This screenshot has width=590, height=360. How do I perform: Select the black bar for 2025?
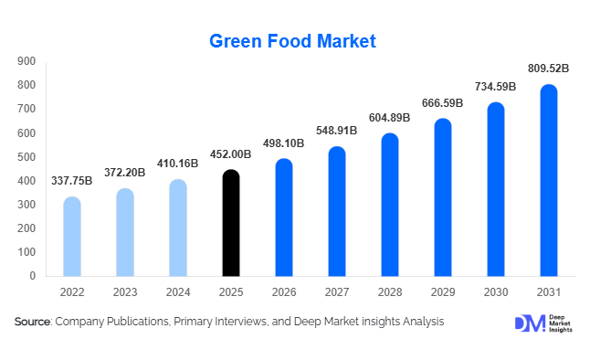(231, 223)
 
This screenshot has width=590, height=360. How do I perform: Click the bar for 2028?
(389, 205)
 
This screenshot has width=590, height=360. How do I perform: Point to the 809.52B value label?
(548, 68)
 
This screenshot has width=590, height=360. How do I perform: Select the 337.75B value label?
(72, 180)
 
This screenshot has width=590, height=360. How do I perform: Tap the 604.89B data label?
(389, 117)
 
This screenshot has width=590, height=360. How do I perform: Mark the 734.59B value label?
(495, 86)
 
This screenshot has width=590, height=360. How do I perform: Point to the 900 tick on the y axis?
(26, 61)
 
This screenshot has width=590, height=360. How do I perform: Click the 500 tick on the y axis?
(26, 157)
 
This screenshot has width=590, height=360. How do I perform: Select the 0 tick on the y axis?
(32, 276)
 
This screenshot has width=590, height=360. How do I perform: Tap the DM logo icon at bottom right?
(528, 323)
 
